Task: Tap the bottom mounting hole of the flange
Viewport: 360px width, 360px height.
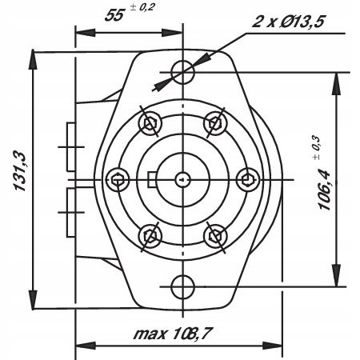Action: (x=183, y=285)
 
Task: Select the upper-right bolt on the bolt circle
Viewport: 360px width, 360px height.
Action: (x=215, y=122)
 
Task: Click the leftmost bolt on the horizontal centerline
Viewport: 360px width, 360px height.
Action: (x=118, y=178)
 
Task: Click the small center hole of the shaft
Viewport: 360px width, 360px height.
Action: (x=183, y=178)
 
